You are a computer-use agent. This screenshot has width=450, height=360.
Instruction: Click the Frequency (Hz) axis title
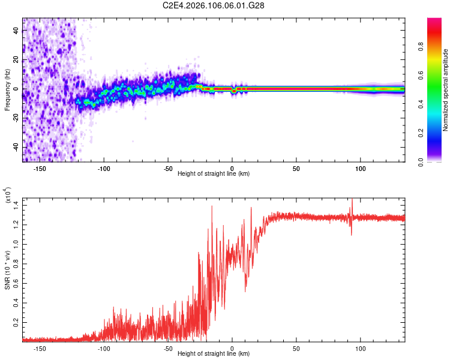pyautogui.click(x=7, y=90)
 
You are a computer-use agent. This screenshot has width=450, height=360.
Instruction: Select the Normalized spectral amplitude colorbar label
pyautogui.click(x=445, y=90)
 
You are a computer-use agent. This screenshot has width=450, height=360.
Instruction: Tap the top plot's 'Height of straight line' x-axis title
pyautogui.click(x=214, y=173)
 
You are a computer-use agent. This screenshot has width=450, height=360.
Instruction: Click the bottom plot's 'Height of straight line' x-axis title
pyautogui.click(x=214, y=353)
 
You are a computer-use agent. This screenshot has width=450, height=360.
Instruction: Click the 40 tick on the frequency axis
pyautogui.click(x=16, y=31)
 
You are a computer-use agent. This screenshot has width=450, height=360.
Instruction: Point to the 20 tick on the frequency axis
pyautogui.click(x=16, y=60)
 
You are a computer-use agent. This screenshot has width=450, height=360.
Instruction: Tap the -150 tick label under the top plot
pyautogui.click(x=40, y=167)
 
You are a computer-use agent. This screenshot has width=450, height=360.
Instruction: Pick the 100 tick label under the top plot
pyautogui.click(x=360, y=167)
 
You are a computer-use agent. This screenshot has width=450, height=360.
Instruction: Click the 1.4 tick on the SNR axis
pyautogui.click(x=16, y=205)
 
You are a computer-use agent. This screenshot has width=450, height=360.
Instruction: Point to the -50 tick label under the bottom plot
pyautogui.click(x=168, y=347)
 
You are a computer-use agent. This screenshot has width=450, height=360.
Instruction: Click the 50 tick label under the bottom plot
pyautogui.click(x=296, y=347)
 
